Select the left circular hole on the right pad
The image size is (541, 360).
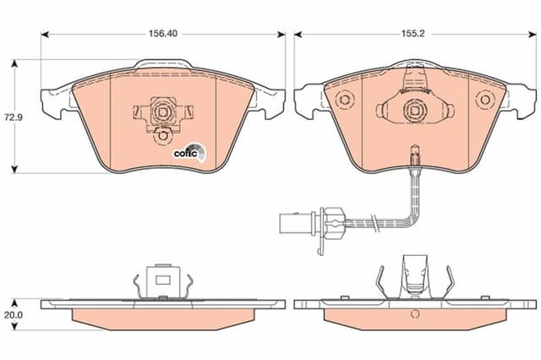(x=344, y=100)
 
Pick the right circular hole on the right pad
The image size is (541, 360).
(x=484, y=100)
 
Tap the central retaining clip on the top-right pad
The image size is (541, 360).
(x=414, y=108)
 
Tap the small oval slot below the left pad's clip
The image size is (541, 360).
(x=161, y=134)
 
